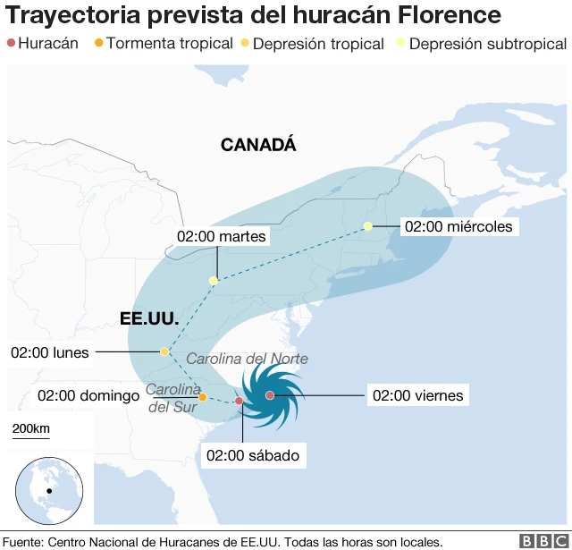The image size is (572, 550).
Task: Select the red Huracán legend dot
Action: pyautogui.click(x=11, y=44)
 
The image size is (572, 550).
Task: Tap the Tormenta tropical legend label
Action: pyautogui.click(x=170, y=44)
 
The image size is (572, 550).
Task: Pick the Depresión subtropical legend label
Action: pyautogui.click(x=487, y=44)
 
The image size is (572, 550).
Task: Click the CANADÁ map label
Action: pyautogui.click(x=258, y=145)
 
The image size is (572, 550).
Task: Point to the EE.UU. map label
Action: pyautogui.click(x=149, y=318)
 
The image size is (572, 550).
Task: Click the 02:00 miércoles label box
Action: pyautogui.click(x=458, y=226)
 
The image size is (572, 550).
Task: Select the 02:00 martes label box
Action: pyautogui.click(x=222, y=236)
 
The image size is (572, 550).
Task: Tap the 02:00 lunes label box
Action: pyautogui.click(x=50, y=352)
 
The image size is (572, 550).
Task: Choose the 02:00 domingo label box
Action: pyautogui.click(x=88, y=395)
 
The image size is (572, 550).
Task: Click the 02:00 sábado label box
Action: pyautogui.click(x=252, y=455)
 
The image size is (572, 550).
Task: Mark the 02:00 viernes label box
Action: pyautogui.click(x=417, y=395)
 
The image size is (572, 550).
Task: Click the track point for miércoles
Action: pyautogui.click(x=367, y=226)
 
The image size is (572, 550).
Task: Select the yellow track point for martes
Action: pyautogui.click(x=213, y=281)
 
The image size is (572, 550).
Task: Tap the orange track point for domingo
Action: pyautogui.click(x=203, y=397)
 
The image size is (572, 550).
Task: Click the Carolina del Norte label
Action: pyautogui.click(x=247, y=359)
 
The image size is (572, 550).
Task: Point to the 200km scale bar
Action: pyautogui.click(x=31, y=436)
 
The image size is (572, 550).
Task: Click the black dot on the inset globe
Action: pyautogui.click(x=49, y=491)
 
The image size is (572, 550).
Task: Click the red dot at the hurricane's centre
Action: pyautogui.click(x=269, y=395)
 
